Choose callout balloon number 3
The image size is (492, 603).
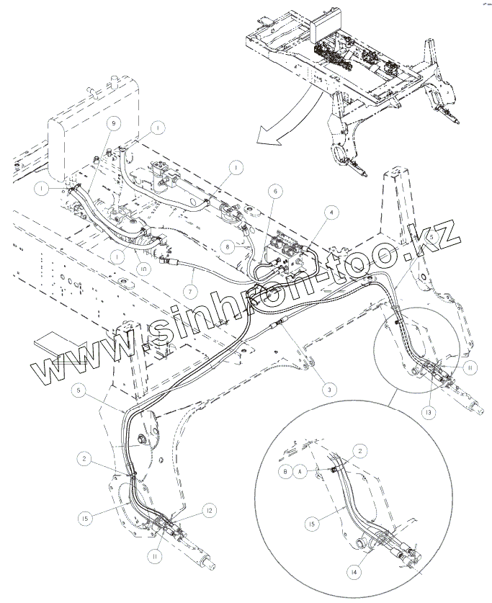point(328,389)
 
